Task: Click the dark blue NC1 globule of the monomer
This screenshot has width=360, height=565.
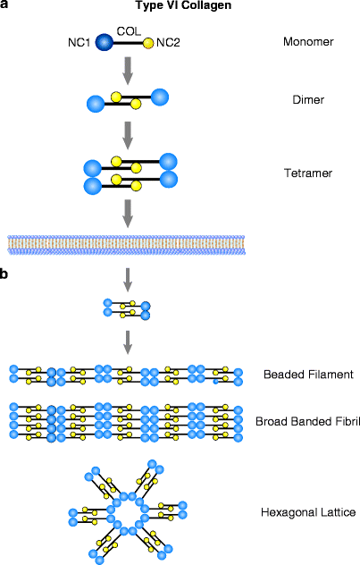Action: pyautogui.click(x=105, y=41)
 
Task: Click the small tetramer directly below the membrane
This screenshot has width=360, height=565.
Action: pyautogui.click(x=127, y=309)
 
